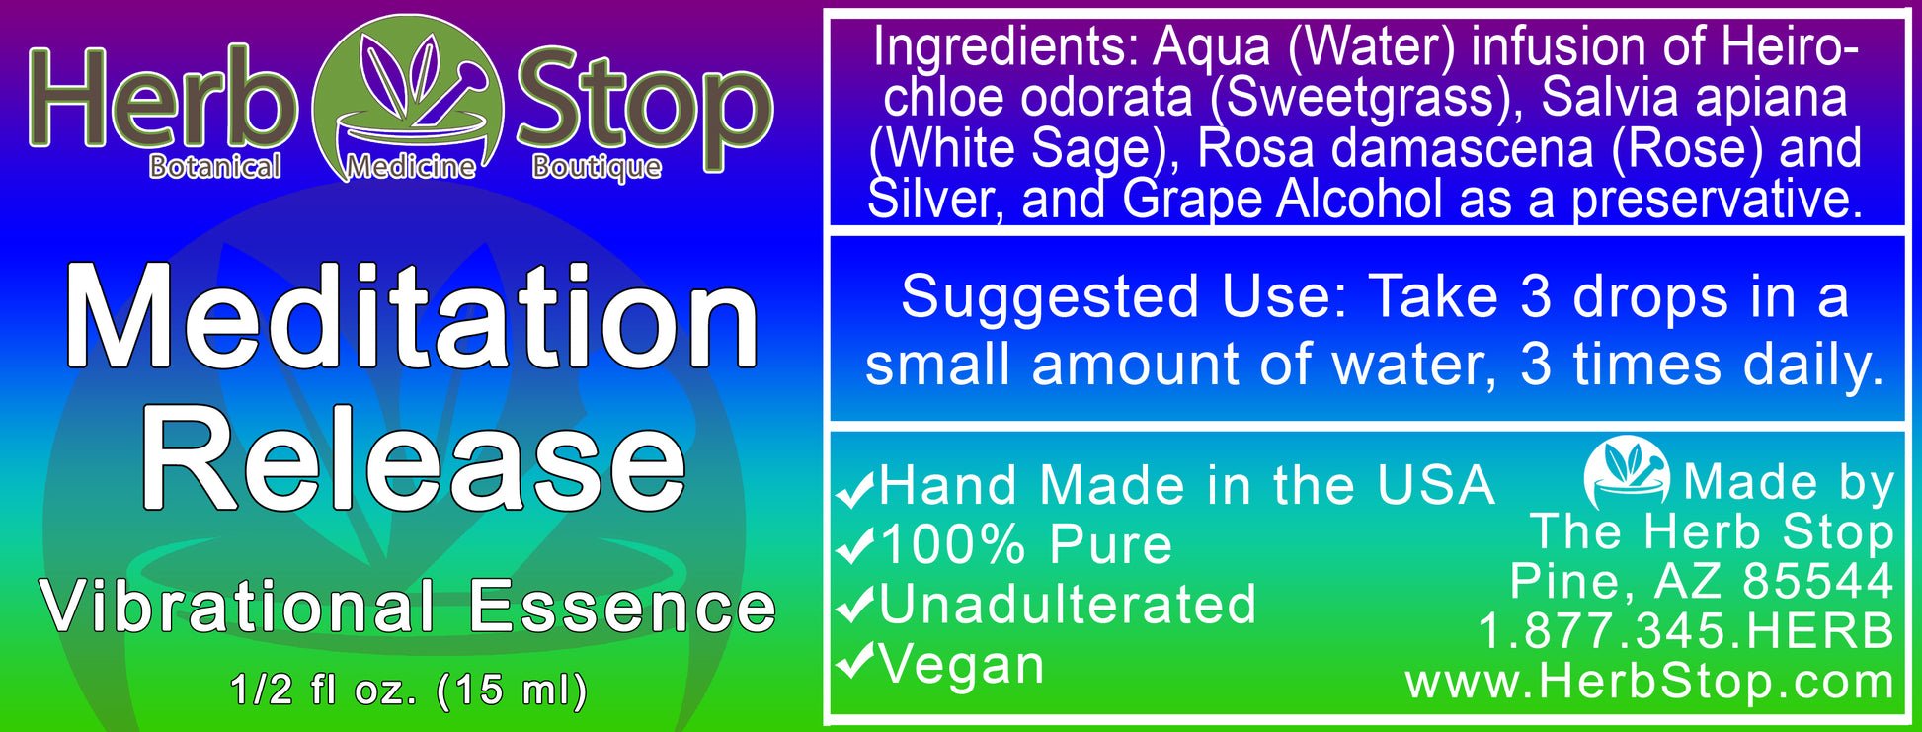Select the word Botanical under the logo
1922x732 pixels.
pyautogui.click(x=215, y=166)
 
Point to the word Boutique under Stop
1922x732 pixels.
pyautogui.click(x=597, y=167)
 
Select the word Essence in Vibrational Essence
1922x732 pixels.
pyautogui.click(x=622, y=607)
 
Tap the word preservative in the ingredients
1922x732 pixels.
pyautogui.click(x=1717, y=199)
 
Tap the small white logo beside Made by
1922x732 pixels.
pyautogui.click(x=1626, y=474)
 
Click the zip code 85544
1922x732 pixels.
pyautogui.click(x=1817, y=581)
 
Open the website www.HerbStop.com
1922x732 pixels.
pyautogui.click(x=1649, y=682)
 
